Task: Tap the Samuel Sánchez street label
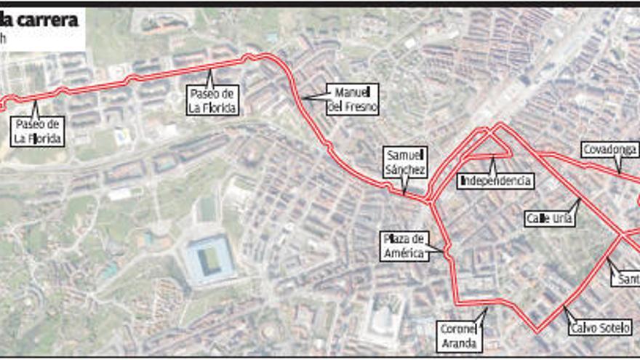(406, 161)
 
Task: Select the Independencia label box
(495, 180)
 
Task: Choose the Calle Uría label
(549, 217)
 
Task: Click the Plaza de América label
(403, 246)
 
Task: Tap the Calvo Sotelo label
(600, 327)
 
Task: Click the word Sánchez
(406, 169)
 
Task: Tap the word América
(403, 253)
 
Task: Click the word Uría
(563, 217)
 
